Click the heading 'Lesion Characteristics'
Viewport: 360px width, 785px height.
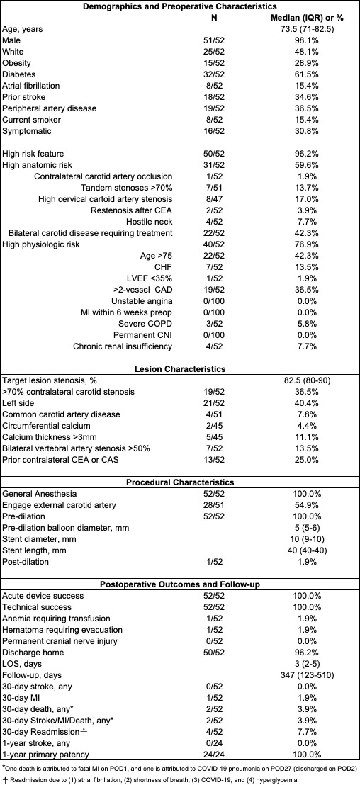[180, 369]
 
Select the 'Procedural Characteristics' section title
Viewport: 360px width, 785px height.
[180, 482]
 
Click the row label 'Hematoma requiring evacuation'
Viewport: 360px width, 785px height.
[62, 630]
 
